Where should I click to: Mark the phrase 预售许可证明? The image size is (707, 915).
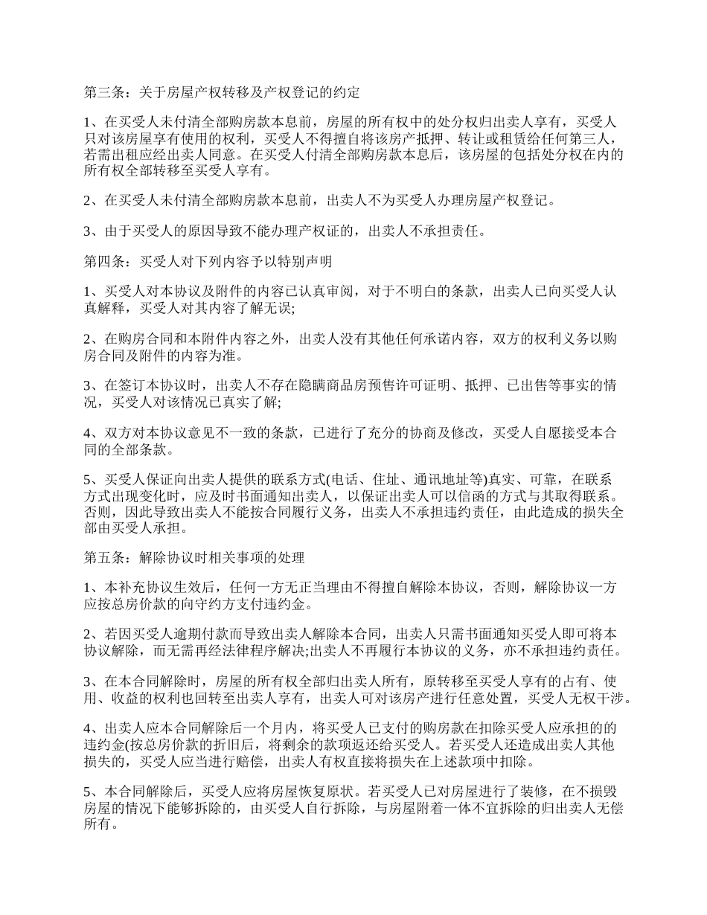click(423, 386)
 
